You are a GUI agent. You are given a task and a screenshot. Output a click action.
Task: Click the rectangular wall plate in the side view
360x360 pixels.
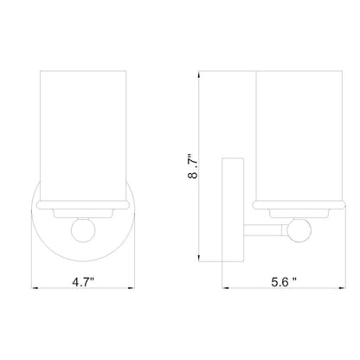tap(230, 208)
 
